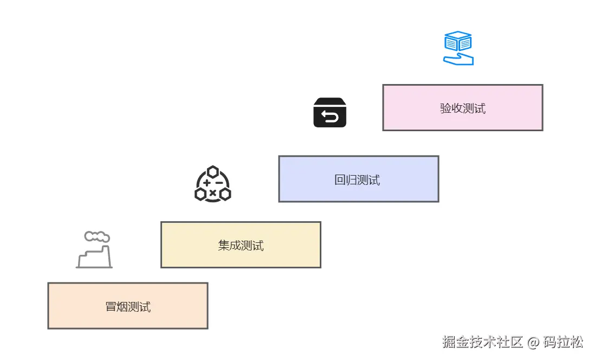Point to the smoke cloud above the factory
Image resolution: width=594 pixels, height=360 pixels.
(x=97, y=236)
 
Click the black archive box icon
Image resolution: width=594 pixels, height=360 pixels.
(x=330, y=112)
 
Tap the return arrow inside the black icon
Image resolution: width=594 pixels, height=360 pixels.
(x=330, y=117)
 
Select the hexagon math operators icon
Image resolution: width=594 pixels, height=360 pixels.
(x=212, y=184)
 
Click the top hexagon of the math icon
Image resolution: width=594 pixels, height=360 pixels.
(x=212, y=171)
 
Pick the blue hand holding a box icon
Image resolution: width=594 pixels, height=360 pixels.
(x=458, y=48)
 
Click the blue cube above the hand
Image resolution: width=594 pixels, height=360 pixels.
(x=458, y=41)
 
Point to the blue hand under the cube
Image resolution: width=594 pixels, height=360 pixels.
(x=459, y=59)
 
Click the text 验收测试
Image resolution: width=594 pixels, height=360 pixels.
(x=462, y=108)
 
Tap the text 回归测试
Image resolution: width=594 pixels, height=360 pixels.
(x=357, y=179)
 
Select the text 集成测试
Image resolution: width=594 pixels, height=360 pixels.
(x=241, y=246)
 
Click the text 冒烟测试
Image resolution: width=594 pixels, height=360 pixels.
(x=128, y=307)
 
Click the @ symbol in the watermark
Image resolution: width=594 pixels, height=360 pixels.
(x=534, y=343)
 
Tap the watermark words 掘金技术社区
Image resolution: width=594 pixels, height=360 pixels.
(x=482, y=343)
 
